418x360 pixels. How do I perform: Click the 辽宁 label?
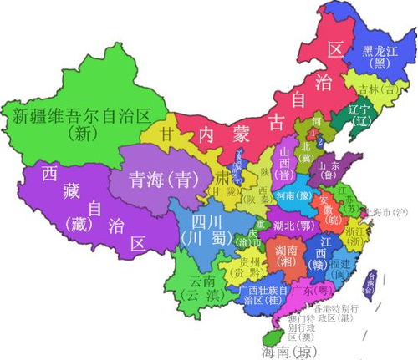coord(359,108)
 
